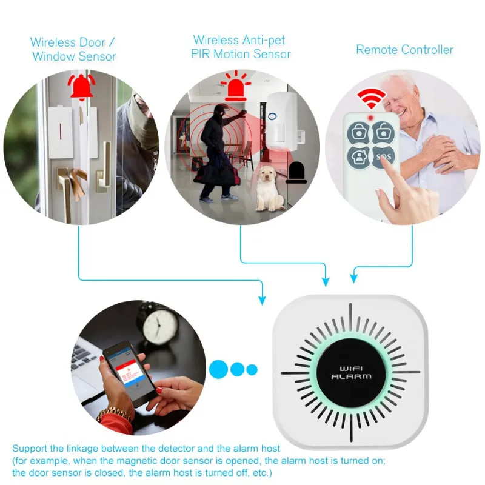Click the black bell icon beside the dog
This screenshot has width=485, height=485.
pos(296,173)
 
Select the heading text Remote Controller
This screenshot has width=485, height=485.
pos(404,50)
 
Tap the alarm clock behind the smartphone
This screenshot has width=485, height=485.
pos(161,321)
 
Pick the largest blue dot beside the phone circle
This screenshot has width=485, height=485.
pos(219,369)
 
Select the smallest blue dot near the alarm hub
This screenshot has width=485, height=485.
pos(252,369)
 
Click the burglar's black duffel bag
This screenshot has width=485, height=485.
pos(215,175)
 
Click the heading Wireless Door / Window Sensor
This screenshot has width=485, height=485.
pos(73,50)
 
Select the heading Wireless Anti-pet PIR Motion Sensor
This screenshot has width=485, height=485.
pos(241,47)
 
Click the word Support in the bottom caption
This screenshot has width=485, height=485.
pos(30,449)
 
